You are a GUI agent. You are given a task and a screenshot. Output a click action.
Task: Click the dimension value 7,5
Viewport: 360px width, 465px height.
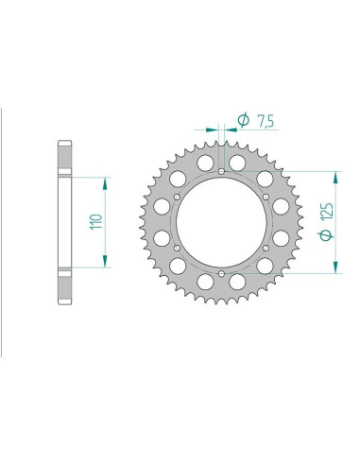point(266,121)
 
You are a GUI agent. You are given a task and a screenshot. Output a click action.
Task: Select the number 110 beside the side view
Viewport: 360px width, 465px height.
point(96,222)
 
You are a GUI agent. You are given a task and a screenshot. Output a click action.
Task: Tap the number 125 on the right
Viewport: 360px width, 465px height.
point(327,212)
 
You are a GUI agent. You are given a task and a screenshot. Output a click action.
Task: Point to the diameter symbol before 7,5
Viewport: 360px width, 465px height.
point(244,120)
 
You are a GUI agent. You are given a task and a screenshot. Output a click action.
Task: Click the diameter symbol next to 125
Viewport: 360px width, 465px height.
point(327,234)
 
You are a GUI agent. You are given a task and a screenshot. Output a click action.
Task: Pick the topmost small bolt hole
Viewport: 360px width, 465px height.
point(221,172)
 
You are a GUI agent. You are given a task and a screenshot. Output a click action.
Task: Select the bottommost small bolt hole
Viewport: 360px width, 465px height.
point(221,273)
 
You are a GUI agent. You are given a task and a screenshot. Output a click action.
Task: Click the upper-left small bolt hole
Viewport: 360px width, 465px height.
point(177,198)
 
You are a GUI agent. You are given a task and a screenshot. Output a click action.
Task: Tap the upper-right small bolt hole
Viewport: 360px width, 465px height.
point(266,198)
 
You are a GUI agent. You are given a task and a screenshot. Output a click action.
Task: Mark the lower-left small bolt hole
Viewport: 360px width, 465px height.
point(177,249)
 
